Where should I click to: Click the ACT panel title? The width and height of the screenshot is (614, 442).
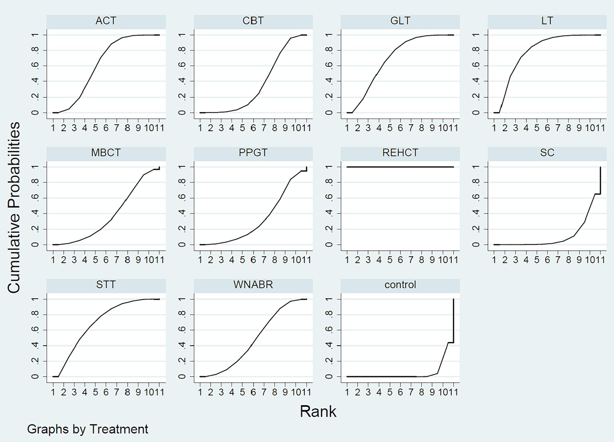106,21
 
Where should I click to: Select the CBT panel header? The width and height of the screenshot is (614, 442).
253,21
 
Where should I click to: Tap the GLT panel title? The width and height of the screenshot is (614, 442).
400,21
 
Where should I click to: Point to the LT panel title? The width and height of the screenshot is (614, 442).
547,21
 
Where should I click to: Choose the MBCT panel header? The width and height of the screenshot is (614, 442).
106,153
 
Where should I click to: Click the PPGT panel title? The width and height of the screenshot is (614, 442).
253,153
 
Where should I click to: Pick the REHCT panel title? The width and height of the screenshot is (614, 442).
400,153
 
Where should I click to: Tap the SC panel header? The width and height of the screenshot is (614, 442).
547,153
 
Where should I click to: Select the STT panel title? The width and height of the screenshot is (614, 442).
106,285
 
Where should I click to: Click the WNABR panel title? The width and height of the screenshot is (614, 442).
253,285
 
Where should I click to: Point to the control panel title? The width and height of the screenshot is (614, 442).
400,285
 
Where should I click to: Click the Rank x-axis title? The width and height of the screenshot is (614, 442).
318,412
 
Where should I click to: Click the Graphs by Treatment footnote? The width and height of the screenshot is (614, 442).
88,429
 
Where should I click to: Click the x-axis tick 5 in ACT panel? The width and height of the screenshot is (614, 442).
95,128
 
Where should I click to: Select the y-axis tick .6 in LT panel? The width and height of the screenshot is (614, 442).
476,66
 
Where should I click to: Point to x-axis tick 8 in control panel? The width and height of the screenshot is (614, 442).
422,392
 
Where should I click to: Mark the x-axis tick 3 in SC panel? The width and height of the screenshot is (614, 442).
516,260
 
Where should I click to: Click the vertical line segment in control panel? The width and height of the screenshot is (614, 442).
453,320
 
